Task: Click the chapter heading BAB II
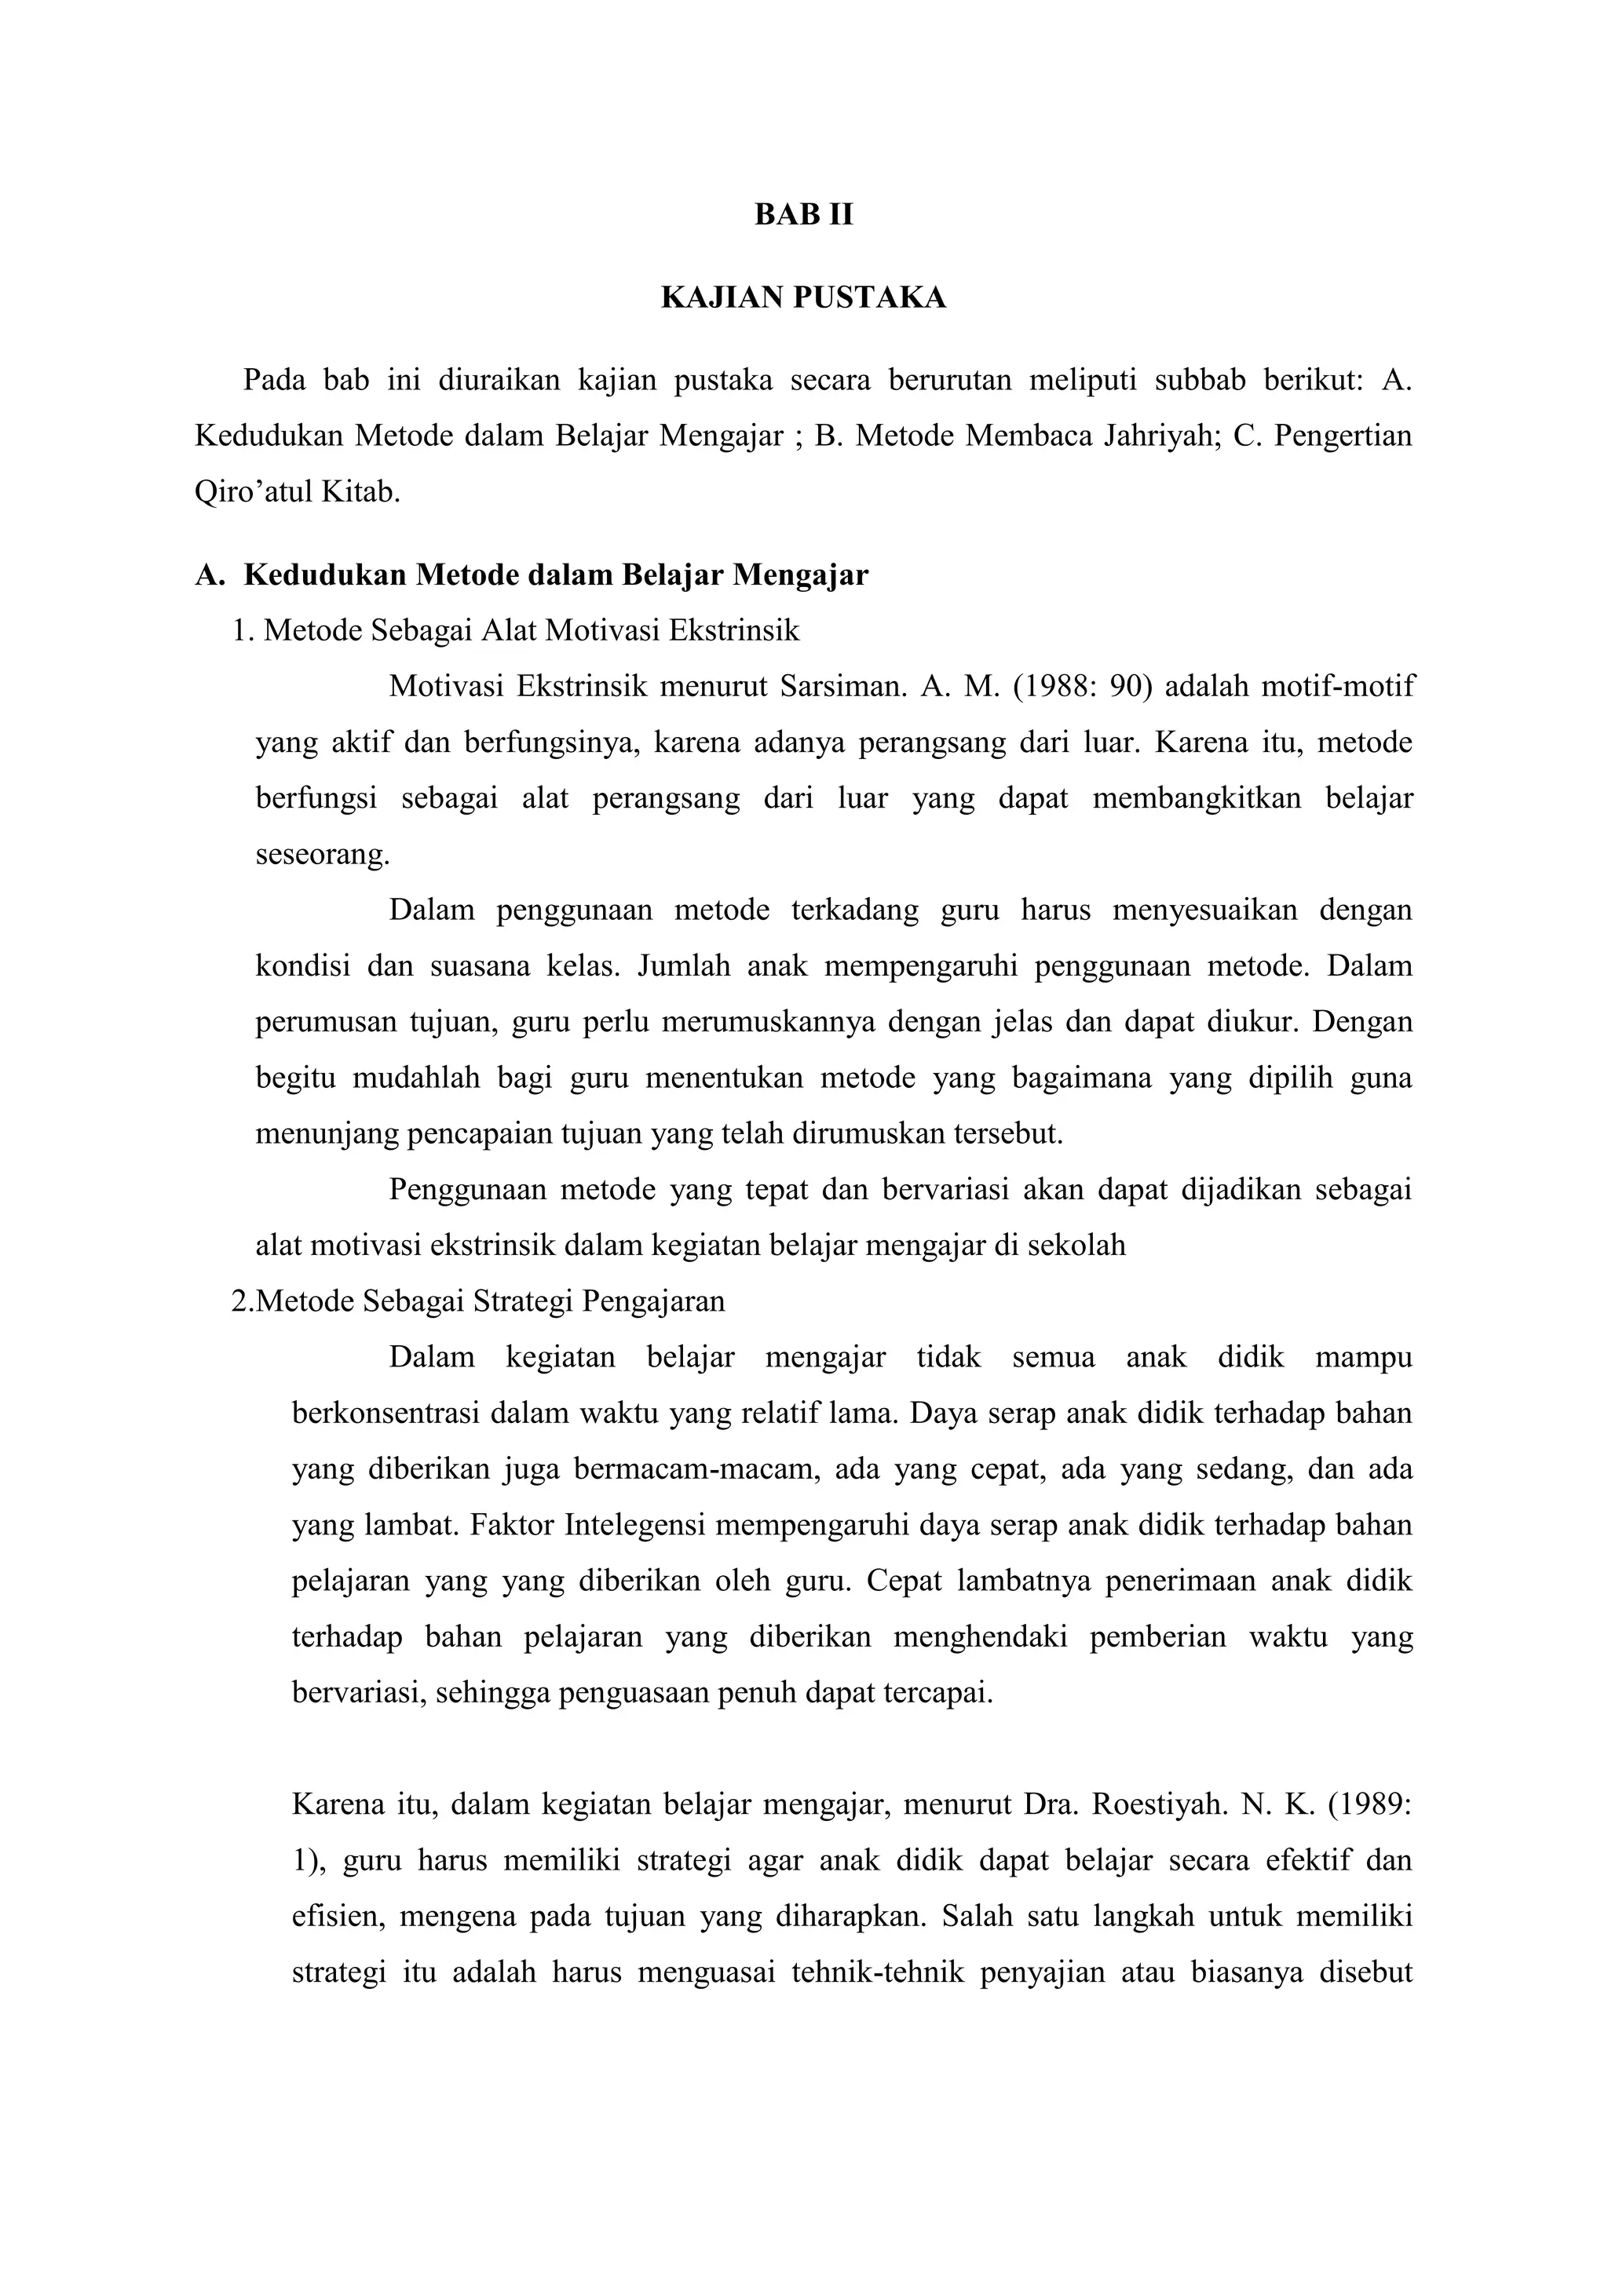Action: (x=803, y=215)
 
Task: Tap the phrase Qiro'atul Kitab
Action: (x=297, y=492)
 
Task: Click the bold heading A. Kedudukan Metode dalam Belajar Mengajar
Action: (x=532, y=575)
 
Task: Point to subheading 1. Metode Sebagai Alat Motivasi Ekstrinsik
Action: (x=515, y=630)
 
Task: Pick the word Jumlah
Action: (x=684, y=965)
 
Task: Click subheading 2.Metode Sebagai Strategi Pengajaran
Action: (x=478, y=1301)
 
